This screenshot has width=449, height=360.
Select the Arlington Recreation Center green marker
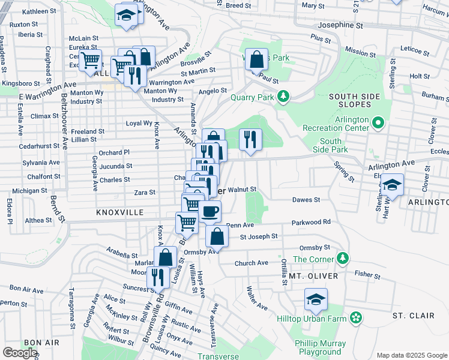pos(378,124)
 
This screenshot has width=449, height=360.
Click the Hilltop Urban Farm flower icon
pos(356,317)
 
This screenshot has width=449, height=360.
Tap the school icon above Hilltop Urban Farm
pos(316,299)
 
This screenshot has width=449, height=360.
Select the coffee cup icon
pos(210,211)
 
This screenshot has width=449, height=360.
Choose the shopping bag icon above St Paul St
pos(257,59)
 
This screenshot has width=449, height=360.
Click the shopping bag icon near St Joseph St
pos(217,236)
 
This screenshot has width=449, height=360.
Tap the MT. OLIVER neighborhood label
pos(313,275)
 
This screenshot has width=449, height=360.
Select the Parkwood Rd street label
pos(311,222)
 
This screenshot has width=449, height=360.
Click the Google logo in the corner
pos(20,353)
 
